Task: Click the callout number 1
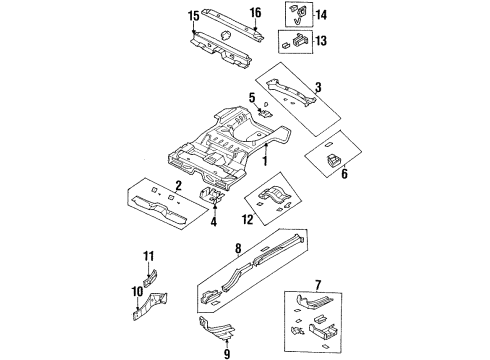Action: [x=265, y=161]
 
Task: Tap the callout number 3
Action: [x=316, y=88]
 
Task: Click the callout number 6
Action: [x=345, y=173]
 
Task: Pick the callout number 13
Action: [x=320, y=41]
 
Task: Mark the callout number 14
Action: [x=320, y=15]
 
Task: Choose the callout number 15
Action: [x=192, y=14]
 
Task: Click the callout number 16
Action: [x=255, y=13]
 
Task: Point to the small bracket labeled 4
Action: [x=212, y=196]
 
